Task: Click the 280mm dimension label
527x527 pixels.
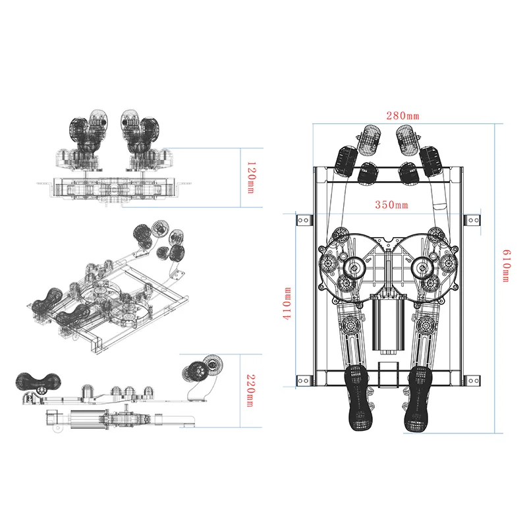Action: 402,116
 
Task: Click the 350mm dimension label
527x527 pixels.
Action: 391,205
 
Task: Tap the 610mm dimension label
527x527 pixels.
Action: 507,265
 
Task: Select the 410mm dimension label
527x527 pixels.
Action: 287,303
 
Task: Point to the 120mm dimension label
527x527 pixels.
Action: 251,177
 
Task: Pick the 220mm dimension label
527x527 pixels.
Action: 251,391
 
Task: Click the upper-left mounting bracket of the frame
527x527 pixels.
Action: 304,221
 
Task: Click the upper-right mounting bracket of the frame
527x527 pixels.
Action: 473,221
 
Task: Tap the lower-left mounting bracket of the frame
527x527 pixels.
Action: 304,381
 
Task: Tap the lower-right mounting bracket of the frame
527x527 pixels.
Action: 473,381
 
